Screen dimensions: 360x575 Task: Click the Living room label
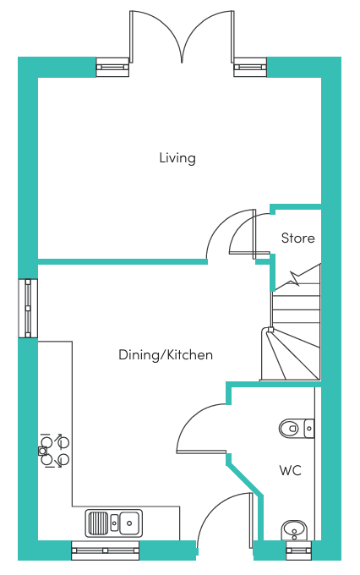pos(177,158)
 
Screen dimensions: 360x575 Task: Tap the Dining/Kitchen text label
pos(166,355)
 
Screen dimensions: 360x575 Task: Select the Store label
pos(298,238)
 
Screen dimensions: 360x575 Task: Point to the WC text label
pos(291,470)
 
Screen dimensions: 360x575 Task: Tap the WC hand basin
pos(295,530)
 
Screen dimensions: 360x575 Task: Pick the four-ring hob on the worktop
pos(54,451)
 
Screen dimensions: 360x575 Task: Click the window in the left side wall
pos(28,309)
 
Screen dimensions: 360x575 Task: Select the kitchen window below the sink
pos(106,550)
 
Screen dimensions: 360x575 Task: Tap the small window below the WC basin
pos(299,550)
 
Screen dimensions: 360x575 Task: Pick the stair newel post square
pos(270,329)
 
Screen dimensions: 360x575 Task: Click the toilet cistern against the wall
pos(309,428)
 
